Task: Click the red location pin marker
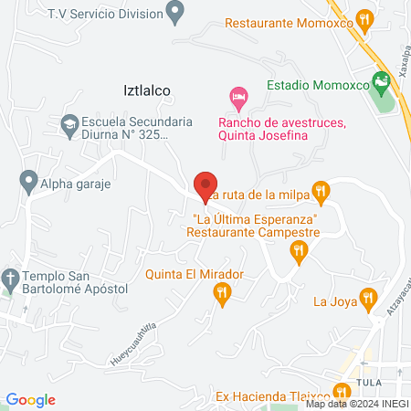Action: pyautogui.click(x=206, y=185)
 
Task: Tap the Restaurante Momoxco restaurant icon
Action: pyautogui.click(x=364, y=19)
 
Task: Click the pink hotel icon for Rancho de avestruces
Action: pyautogui.click(x=238, y=96)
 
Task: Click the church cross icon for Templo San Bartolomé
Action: pyautogui.click(x=10, y=277)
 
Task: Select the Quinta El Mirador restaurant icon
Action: pyautogui.click(x=221, y=292)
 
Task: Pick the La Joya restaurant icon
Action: pyautogui.click(x=367, y=298)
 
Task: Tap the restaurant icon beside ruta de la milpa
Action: pyautogui.click(x=320, y=191)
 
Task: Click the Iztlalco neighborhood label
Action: pyautogui.click(x=147, y=90)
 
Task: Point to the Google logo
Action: pyautogui.click(x=31, y=399)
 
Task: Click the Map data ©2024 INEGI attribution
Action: pyautogui.click(x=356, y=404)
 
